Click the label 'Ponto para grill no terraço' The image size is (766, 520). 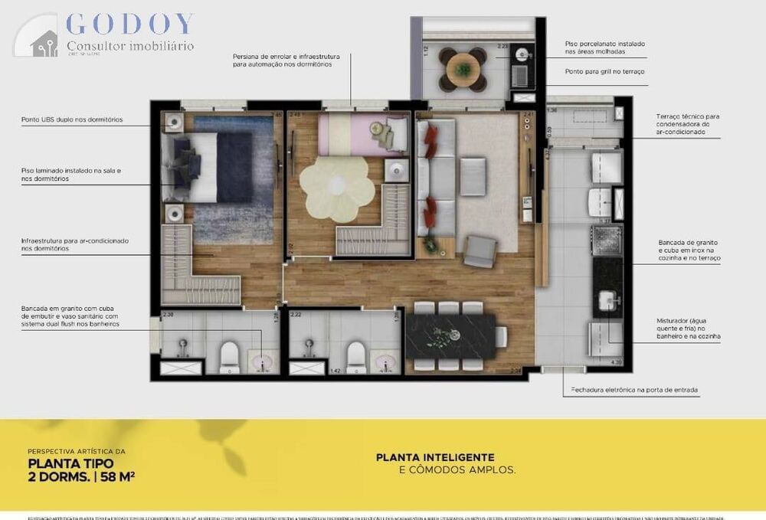604,71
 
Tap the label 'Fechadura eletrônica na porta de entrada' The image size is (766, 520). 634,390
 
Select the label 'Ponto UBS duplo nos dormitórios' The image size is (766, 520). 72,119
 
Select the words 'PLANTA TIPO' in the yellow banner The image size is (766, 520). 61,463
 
